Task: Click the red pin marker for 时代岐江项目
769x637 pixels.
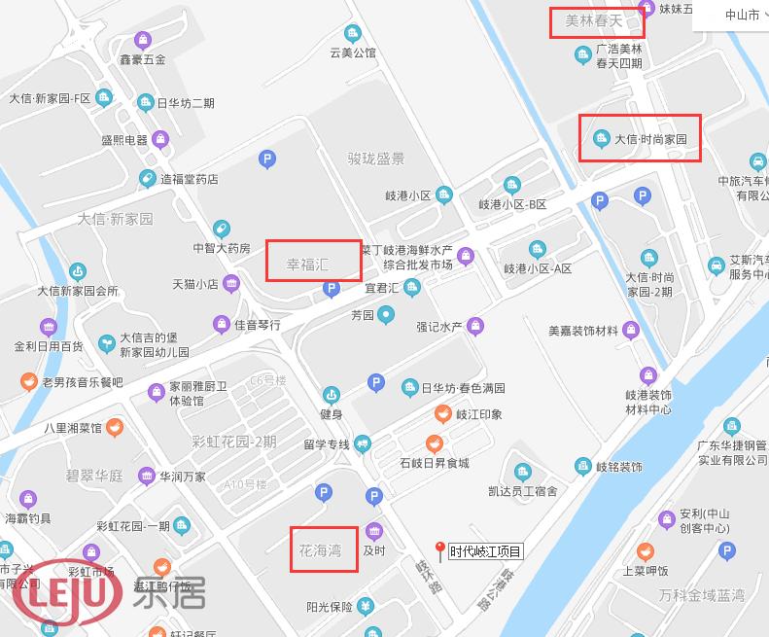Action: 439,550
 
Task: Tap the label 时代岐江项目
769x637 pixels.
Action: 485,552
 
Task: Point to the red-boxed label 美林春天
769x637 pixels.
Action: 594,19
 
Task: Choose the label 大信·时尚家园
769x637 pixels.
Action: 650,139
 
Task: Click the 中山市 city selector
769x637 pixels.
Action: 743,16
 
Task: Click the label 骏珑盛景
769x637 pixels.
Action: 375,159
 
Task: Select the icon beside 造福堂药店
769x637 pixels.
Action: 147,179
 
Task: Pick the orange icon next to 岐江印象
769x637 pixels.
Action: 442,414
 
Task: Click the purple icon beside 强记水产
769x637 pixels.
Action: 475,326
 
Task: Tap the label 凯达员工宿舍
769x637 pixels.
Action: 524,491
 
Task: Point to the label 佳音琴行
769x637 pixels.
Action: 257,324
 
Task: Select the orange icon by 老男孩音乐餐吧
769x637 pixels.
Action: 29,381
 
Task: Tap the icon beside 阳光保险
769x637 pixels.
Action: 365,607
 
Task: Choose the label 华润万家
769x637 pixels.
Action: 182,477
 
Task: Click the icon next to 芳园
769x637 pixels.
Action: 387,314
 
